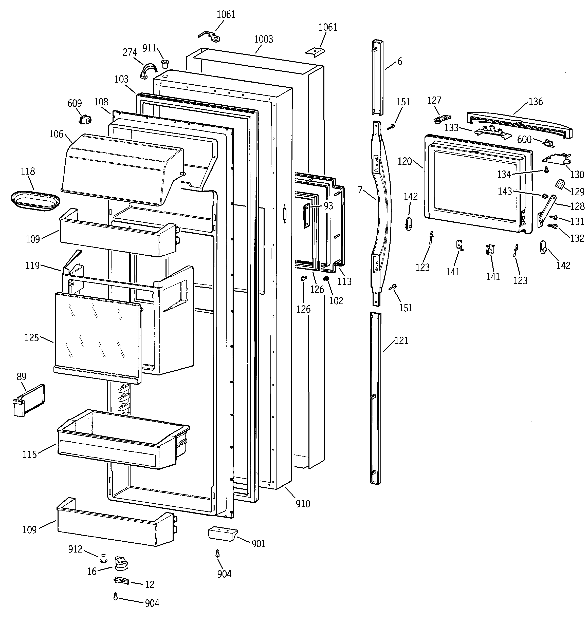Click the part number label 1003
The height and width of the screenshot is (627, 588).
264,40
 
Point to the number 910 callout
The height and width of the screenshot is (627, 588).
303,504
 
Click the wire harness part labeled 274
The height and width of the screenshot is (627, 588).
148,71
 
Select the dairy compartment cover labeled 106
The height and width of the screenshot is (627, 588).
123,167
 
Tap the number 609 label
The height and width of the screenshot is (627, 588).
75,103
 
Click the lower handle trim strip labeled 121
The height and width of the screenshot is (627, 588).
376,397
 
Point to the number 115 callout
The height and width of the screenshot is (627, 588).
30,454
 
